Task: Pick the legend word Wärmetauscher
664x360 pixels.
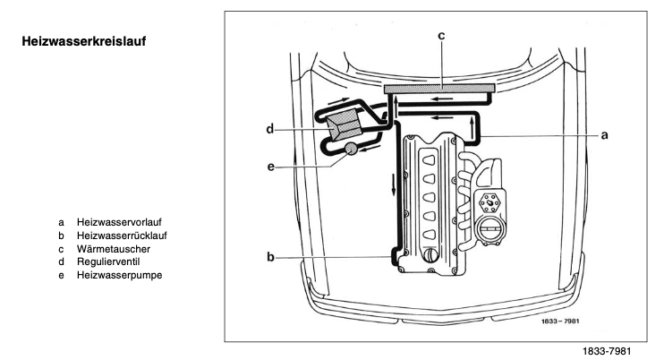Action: tap(113, 248)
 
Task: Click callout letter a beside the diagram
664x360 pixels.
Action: tap(604, 135)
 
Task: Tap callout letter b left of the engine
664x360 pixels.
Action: tap(269, 258)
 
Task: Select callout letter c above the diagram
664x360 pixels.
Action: tap(441, 36)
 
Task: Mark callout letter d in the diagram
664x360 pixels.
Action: tap(269, 129)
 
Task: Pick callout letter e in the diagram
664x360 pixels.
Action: tap(269, 167)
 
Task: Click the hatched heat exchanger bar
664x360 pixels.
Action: tap(438, 87)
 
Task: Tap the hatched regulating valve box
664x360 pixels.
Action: tap(343, 127)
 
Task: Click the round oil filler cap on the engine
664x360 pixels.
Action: tap(431, 255)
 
